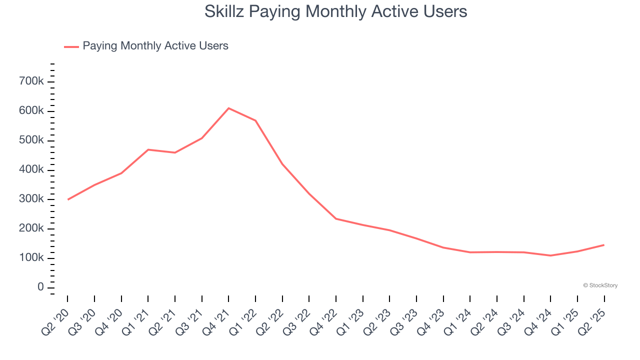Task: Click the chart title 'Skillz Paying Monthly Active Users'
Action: pyautogui.click(x=335, y=11)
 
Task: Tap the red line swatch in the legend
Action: pyautogui.click(x=71, y=46)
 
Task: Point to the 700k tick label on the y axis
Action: pyautogui.click(x=30, y=81)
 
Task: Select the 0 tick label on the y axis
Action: pyautogui.click(x=40, y=287)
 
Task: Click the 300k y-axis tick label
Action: pyautogui.click(x=30, y=199)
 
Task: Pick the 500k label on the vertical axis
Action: pyautogui.click(x=30, y=140)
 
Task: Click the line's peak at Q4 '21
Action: pyautogui.click(x=228, y=108)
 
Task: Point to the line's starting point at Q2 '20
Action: pyautogui.click(x=67, y=199)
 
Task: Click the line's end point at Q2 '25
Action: pyautogui.click(x=604, y=245)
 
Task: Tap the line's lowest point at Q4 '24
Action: pyautogui.click(x=550, y=255)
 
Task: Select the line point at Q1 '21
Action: pyautogui.click(x=148, y=149)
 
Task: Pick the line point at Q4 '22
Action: pyautogui.click(x=336, y=218)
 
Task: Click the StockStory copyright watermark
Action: pyautogui.click(x=600, y=285)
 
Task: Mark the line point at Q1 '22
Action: pyautogui.click(x=255, y=120)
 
